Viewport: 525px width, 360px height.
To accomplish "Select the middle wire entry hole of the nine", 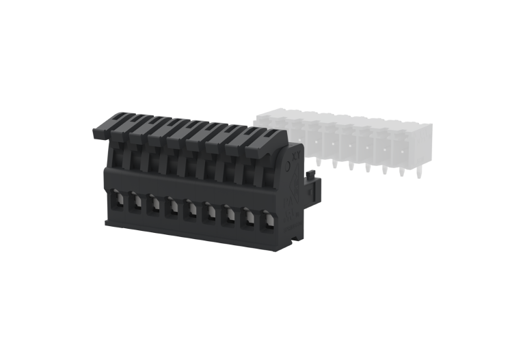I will (x=190, y=210).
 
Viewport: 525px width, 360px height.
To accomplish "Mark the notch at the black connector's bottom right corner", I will (x=295, y=238).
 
